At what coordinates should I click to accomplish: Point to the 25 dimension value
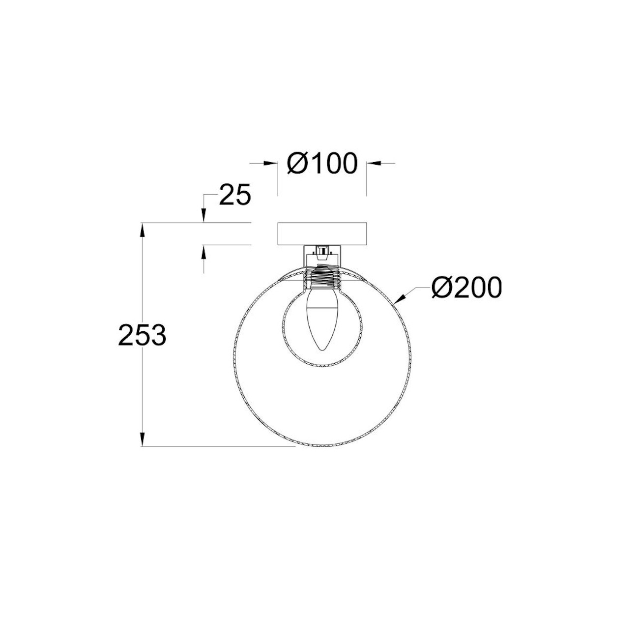tap(234, 195)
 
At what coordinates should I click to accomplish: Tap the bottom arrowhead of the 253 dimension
tap(143, 439)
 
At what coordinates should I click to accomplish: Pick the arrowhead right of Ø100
tap(373, 163)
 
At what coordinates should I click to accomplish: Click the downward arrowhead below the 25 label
tap(203, 217)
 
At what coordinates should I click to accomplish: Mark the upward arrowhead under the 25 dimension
tap(203, 252)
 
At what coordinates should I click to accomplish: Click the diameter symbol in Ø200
tap(441, 288)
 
